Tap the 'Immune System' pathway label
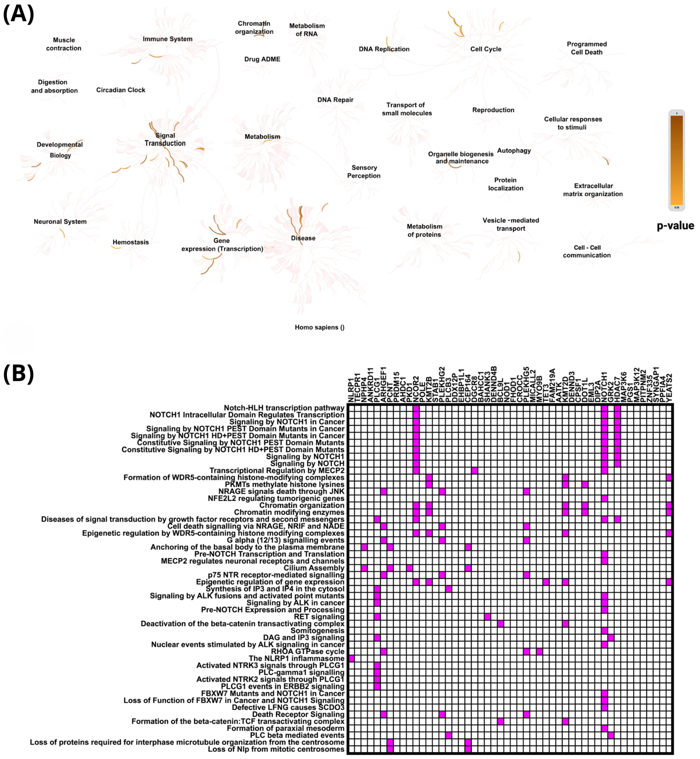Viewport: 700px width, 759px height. click(167, 39)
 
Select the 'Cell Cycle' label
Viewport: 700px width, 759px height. click(485, 49)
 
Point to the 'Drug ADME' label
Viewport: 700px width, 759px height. click(262, 59)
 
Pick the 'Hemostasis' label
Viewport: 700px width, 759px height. click(131, 242)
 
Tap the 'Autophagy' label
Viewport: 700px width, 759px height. click(514, 150)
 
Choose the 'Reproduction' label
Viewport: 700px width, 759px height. click(493, 110)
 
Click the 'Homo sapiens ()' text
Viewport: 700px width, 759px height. click(319, 327)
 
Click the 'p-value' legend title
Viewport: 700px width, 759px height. click(675, 226)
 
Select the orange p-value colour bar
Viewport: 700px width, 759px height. click(677, 160)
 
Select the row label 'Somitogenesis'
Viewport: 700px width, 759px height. click(317, 631)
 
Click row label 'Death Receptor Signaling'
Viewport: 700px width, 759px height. click(298, 714)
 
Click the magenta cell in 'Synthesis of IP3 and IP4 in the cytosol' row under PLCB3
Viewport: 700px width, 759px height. click(448, 589)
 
